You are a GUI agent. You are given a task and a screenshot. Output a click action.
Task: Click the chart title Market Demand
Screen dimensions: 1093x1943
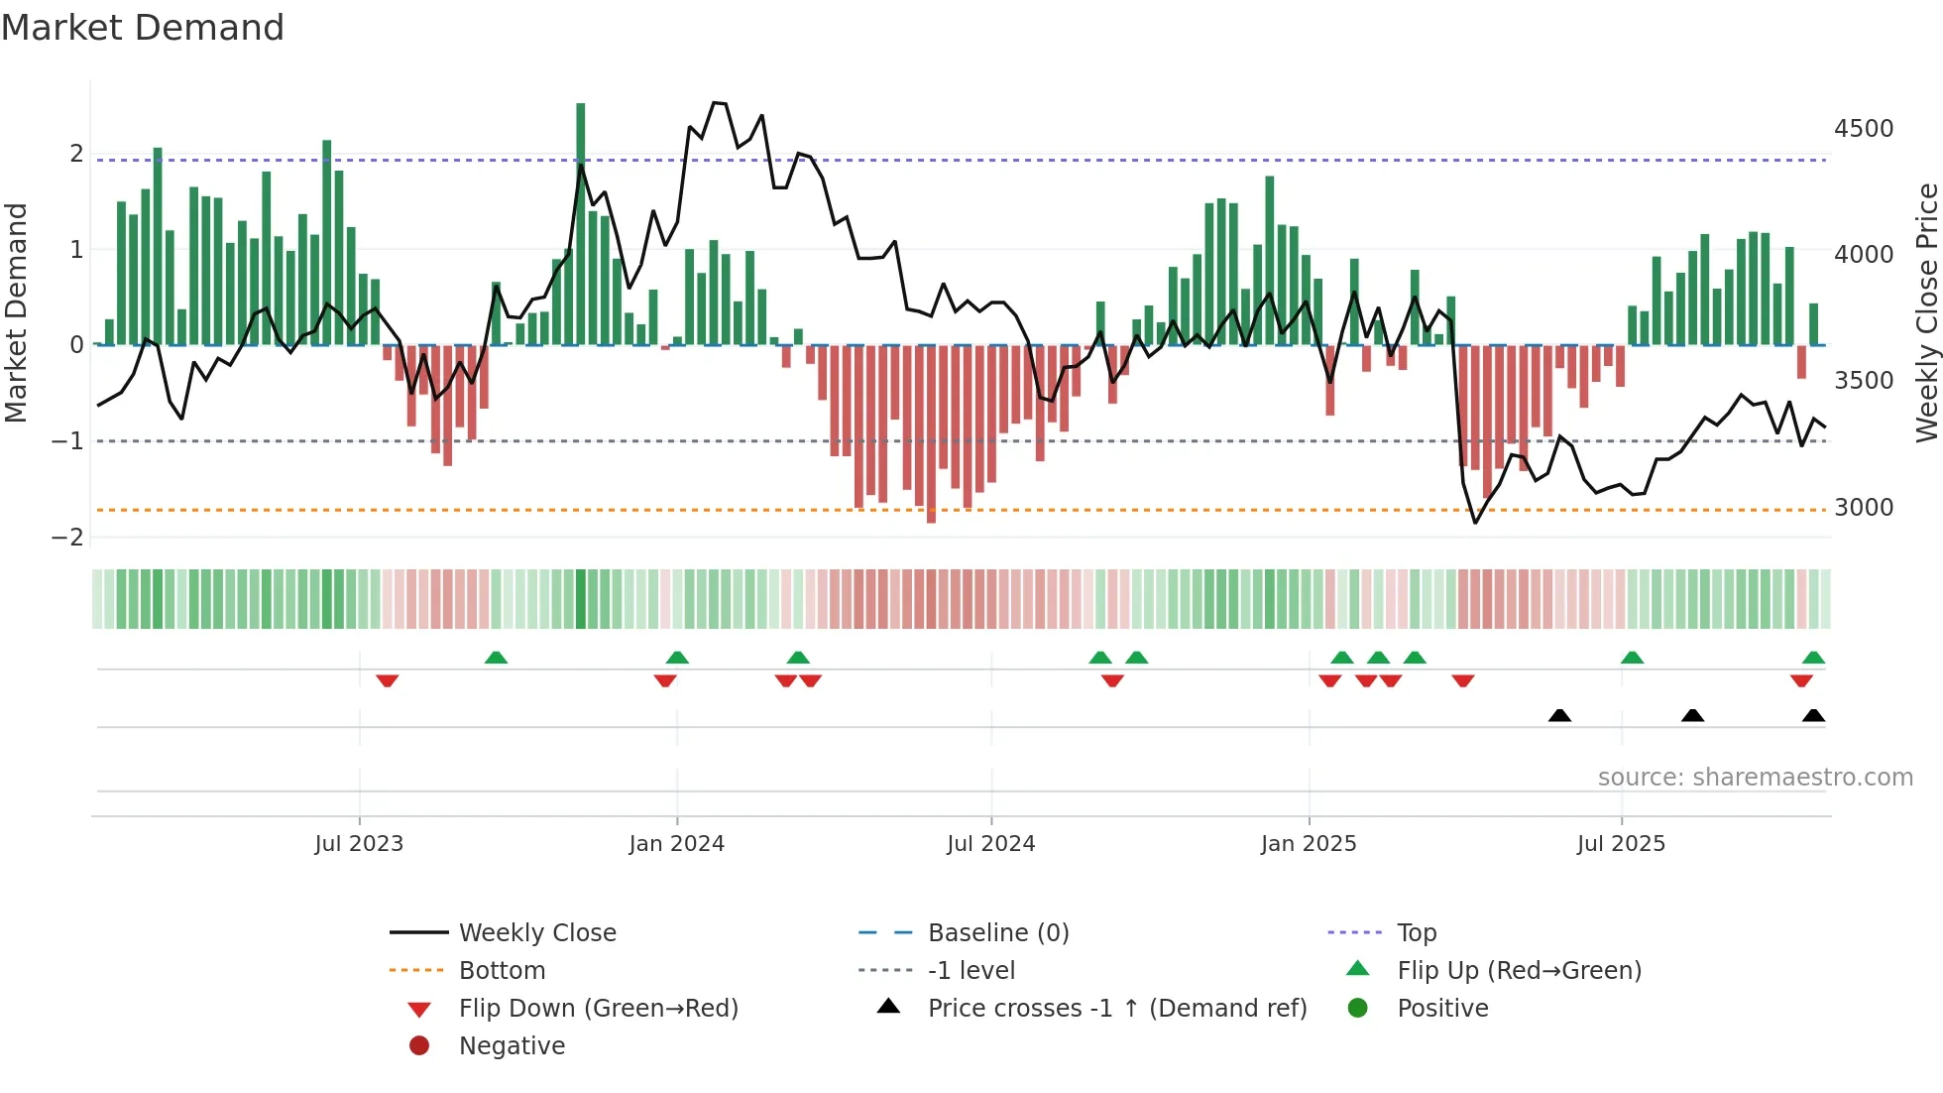coord(143,28)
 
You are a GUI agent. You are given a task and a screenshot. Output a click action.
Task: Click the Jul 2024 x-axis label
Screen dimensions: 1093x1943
coord(990,844)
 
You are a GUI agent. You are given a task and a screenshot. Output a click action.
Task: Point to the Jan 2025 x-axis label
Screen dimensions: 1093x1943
coord(1309,844)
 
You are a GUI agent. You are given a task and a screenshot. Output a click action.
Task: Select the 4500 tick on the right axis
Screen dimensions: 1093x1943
coord(1864,129)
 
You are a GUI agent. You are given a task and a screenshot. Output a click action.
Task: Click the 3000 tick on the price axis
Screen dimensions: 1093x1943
coord(1864,508)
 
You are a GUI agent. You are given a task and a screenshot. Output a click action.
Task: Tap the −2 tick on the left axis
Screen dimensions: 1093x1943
coord(67,538)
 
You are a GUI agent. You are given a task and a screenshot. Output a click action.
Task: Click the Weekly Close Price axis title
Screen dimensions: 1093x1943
coord(1926,312)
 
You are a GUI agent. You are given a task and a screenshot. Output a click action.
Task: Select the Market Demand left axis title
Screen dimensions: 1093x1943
coord(16,312)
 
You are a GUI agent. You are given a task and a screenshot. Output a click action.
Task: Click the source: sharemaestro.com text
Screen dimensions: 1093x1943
coord(1755,778)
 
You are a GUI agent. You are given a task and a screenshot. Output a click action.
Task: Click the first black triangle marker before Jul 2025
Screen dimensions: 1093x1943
coord(1559,715)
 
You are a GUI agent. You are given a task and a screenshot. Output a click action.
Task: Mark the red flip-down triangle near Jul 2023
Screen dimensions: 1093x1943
coord(388,680)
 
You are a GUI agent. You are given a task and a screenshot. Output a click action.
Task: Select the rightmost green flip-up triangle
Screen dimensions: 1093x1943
coord(1813,658)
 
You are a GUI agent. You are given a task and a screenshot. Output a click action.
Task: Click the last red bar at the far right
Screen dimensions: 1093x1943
coord(1801,361)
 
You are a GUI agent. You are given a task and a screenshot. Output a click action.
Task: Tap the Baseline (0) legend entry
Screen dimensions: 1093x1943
coord(997,933)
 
